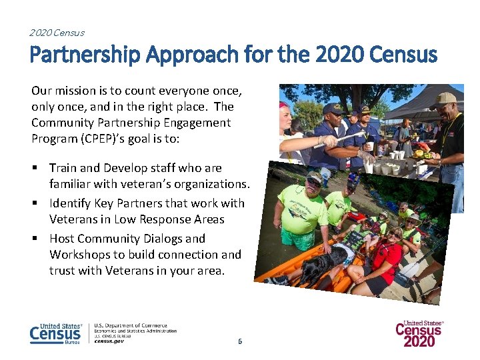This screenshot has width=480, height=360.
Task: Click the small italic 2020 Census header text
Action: coord(57,32)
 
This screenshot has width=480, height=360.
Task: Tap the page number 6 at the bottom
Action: coord(240,341)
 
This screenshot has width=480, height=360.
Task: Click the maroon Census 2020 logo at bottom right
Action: coord(419,333)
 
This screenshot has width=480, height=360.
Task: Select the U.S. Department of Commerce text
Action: coord(131,325)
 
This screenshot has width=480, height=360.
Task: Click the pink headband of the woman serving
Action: coord(285,105)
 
